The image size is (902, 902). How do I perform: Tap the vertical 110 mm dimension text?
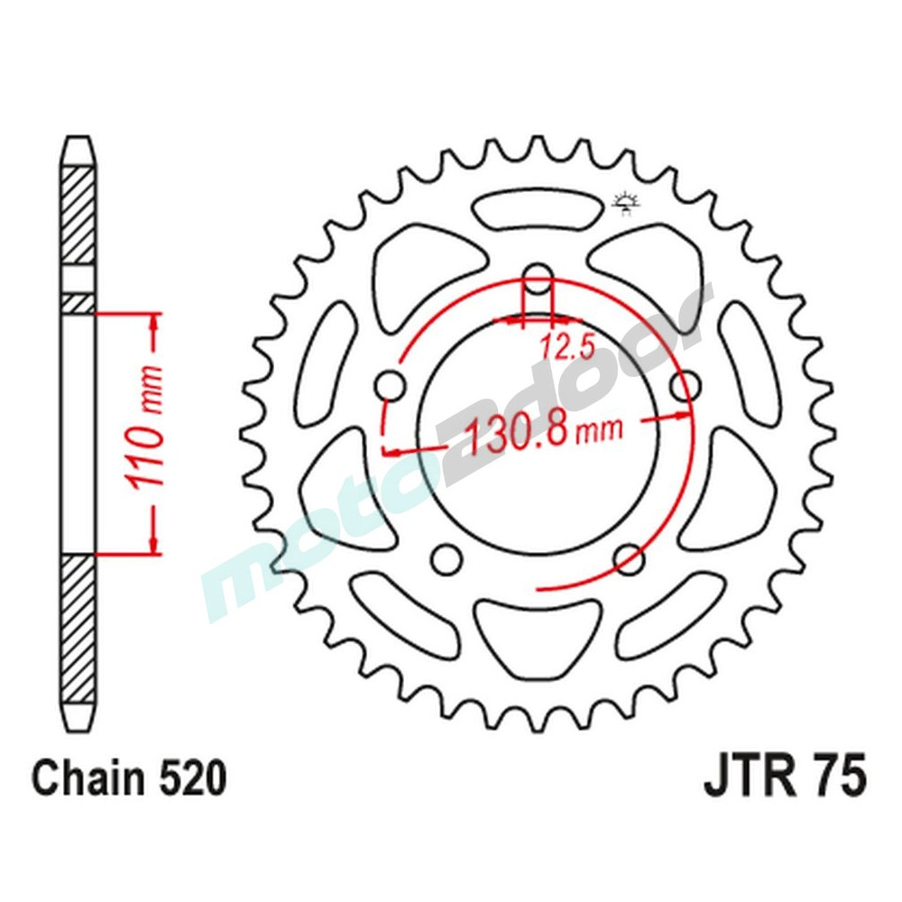click(146, 431)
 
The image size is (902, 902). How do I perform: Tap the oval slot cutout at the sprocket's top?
click(538, 213)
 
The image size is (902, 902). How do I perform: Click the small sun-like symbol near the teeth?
click(624, 203)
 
